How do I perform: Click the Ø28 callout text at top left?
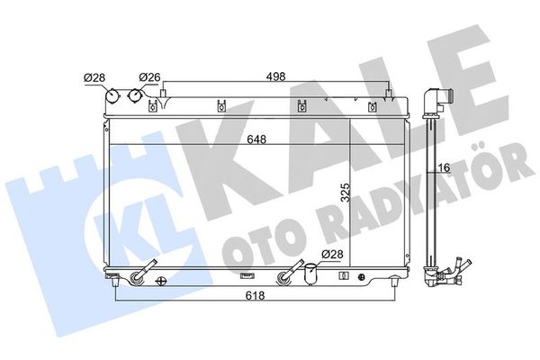(95, 78)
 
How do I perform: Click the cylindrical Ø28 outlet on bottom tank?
(310, 275)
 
